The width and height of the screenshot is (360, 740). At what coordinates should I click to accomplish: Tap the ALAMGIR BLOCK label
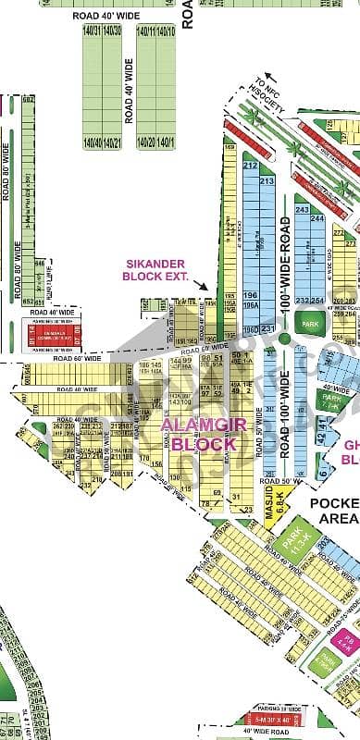[x=199, y=433]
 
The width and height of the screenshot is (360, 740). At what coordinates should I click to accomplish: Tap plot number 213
[x=267, y=182]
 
